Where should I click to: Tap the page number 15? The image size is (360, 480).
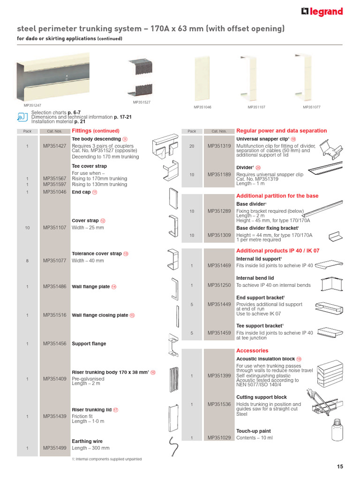tap(340, 466)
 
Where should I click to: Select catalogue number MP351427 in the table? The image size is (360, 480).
tap(55, 146)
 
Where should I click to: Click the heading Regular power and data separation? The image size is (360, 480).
tap(281, 131)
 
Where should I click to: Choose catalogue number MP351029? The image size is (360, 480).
tap(219, 438)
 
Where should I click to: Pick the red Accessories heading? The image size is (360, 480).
tap(252, 351)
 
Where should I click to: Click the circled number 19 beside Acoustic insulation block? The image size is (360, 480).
tap(299, 359)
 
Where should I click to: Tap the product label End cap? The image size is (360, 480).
tap(81, 192)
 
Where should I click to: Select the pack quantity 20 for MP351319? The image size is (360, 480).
tap(192, 146)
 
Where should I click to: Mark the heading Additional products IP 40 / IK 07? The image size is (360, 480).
tap(277, 251)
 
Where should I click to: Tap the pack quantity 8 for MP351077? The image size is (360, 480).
tap(28, 261)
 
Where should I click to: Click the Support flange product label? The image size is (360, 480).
tap(89, 344)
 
